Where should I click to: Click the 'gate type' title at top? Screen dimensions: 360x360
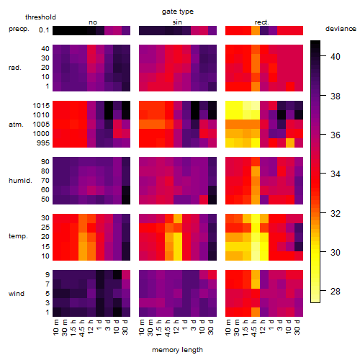(178, 12)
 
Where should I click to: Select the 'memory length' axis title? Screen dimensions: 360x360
(177, 350)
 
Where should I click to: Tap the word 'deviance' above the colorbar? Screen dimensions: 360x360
(341, 29)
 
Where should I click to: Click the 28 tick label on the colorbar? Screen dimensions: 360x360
(336, 292)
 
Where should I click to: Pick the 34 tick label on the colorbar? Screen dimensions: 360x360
(336, 174)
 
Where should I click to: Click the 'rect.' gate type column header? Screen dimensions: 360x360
(262, 22)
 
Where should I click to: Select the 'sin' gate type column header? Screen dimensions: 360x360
(177, 22)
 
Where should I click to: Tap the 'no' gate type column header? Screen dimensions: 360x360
(93, 22)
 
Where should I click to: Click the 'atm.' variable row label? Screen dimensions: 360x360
(16, 125)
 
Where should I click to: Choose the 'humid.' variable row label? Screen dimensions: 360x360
(20, 181)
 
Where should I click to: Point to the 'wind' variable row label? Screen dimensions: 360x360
(17, 294)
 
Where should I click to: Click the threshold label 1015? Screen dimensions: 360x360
(41, 106)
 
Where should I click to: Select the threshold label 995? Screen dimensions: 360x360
(43, 143)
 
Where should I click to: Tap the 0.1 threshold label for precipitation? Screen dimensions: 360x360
(44, 30)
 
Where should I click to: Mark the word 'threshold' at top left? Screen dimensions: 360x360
(40, 17)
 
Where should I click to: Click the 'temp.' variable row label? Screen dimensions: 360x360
(18, 236)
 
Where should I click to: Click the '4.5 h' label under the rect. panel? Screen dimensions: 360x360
(254, 328)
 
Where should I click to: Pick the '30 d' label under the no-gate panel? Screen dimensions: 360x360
(125, 327)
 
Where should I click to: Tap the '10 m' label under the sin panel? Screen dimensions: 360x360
(142, 328)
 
